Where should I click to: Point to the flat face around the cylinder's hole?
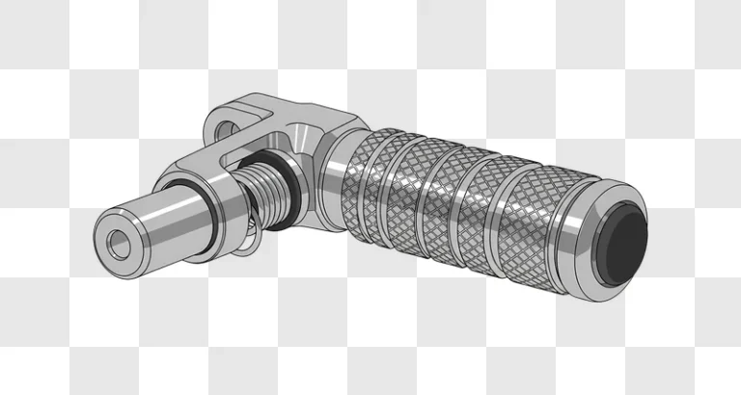pyautogui.click(x=107, y=231)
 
